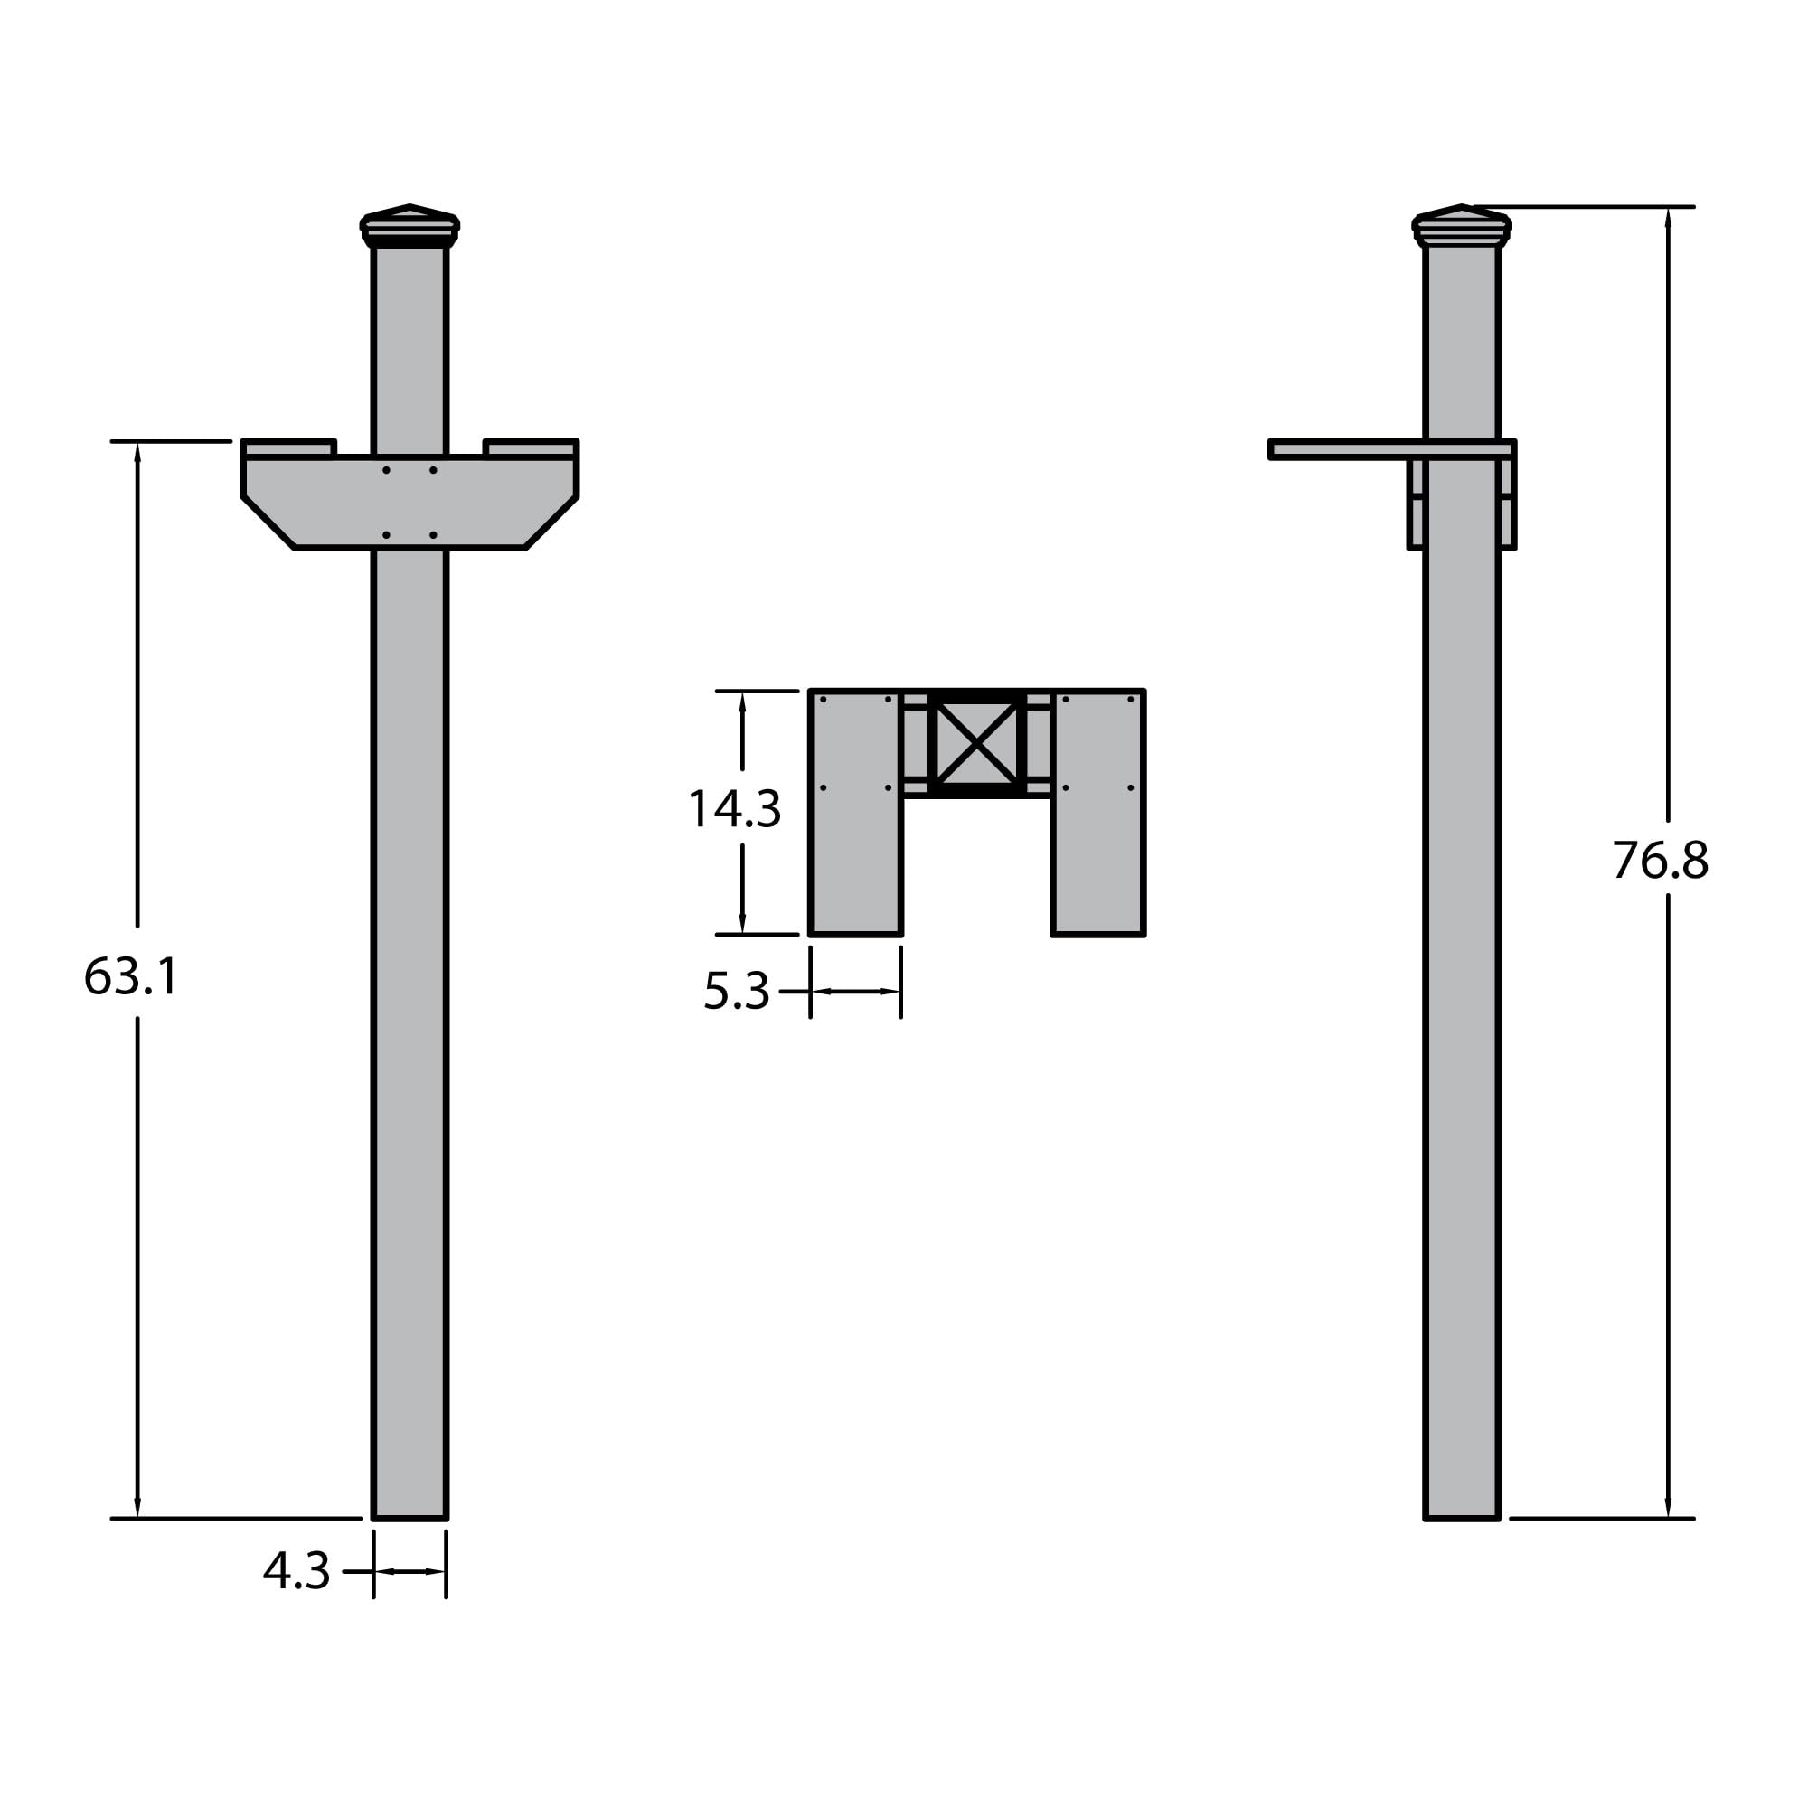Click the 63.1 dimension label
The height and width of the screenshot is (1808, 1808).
[x=131, y=976]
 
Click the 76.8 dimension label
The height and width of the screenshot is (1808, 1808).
[x=1659, y=860]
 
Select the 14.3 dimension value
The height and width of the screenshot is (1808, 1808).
[x=734, y=809]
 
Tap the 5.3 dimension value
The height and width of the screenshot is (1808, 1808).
[x=736, y=991]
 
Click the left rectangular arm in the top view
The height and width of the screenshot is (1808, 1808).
[x=855, y=813]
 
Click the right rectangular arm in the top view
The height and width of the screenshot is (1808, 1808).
[x=1097, y=813]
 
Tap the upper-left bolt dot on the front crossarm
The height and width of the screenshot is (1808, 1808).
[x=387, y=470]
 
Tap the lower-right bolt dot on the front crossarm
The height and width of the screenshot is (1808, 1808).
[x=433, y=535]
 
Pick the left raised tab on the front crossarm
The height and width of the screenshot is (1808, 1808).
[x=288, y=449]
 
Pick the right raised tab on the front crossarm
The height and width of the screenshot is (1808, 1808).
[x=531, y=449]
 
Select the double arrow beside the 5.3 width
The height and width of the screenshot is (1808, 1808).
[x=855, y=991]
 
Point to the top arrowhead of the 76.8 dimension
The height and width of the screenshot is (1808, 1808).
[x=1668, y=217]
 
